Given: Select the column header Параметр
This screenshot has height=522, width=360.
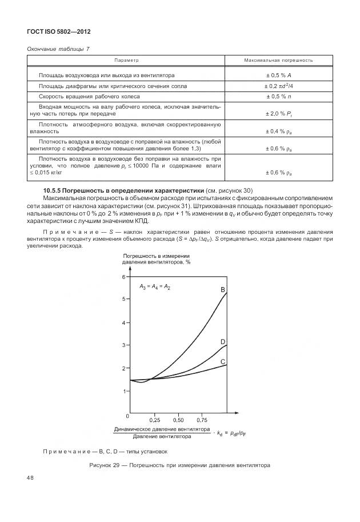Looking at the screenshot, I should pos(127,59).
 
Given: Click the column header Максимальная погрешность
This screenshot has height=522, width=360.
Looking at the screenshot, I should pos(278,59).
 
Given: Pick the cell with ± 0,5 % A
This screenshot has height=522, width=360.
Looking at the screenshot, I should pos(278,75).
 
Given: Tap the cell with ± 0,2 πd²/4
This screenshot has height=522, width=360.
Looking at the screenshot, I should pos(278,86).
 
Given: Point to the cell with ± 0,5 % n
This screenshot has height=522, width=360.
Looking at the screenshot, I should pos(278,96).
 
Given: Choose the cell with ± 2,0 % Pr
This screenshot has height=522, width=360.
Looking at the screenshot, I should pos(278,114).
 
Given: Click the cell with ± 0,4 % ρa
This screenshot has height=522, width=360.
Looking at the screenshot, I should pos(278,132).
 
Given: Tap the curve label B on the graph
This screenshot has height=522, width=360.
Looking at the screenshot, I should pos(223,290).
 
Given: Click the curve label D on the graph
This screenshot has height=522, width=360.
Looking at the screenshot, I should pos(223,341).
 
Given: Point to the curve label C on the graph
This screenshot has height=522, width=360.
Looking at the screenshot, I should pos(223,361).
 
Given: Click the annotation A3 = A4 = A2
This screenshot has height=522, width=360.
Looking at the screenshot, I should pos(155,286).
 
